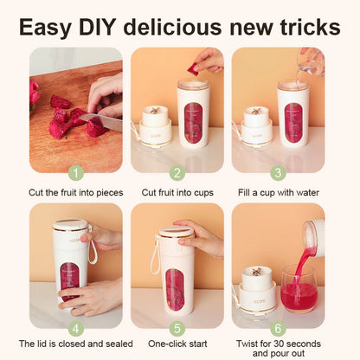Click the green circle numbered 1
[75, 172]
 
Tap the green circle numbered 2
[177, 172]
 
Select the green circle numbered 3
[278, 172]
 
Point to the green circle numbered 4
[75, 328]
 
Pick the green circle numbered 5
[177, 328]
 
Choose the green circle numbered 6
[278, 328]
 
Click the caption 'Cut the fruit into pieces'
[75, 192]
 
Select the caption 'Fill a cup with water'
[278, 192]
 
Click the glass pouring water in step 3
[310, 61]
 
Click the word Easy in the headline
[47, 26]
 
